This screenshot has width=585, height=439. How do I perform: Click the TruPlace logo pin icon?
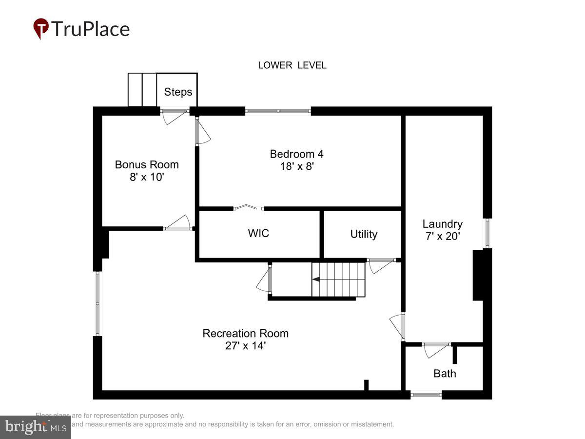[x=41, y=28]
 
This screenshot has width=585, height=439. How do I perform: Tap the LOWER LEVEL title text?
[x=292, y=65]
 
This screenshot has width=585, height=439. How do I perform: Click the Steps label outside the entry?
[x=178, y=92]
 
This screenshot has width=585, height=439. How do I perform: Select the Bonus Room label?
[x=147, y=165]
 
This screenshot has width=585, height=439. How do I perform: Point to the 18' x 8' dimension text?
[x=296, y=166]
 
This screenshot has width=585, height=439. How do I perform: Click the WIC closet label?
[x=258, y=233]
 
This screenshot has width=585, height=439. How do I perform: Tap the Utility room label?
[x=364, y=234]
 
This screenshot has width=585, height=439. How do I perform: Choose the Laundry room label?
[x=442, y=224]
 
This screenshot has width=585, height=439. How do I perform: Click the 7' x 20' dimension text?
[x=442, y=236]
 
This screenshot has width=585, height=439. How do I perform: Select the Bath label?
[x=445, y=374]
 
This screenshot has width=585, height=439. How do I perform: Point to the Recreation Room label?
[x=246, y=334]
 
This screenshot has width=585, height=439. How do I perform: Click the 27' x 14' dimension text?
[x=246, y=346]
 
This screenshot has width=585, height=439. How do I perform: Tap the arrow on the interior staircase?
[x=316, y=279]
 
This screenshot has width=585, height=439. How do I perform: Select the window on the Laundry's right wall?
[x=487, y=233]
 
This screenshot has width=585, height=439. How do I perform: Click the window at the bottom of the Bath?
[x=426, y=395]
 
